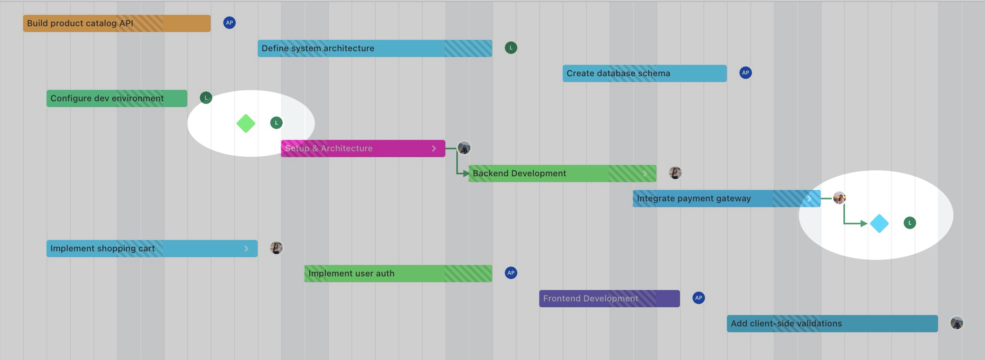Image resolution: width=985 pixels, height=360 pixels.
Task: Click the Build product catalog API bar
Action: pos(117,23)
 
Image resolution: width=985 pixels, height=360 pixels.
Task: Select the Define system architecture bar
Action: pos(375,48)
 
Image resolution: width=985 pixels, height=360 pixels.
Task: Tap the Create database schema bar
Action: pos(644,73)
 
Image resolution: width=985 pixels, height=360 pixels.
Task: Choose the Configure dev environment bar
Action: pos(117,99)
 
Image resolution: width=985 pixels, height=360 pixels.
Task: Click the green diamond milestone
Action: pos(246,124)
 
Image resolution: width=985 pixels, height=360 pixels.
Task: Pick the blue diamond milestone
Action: pos(879,224)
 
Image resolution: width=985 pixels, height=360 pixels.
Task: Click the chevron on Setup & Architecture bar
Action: pos(434,149)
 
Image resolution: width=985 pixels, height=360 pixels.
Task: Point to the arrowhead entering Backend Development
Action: pos(466,174)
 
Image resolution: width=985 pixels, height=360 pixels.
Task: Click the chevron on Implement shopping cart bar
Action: pos(246,249)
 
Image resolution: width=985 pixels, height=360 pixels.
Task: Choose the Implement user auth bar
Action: pos(398,274)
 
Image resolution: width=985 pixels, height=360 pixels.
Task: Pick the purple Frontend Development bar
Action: pos(609,299)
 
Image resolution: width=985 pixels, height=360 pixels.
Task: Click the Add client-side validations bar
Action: pos(832,324)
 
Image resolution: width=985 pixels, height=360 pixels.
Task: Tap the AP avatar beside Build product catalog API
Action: pos(230,23)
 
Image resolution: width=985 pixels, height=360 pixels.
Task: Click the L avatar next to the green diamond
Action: pos(276,123)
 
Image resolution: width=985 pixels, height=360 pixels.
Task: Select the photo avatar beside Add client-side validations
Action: pos(957,323)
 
